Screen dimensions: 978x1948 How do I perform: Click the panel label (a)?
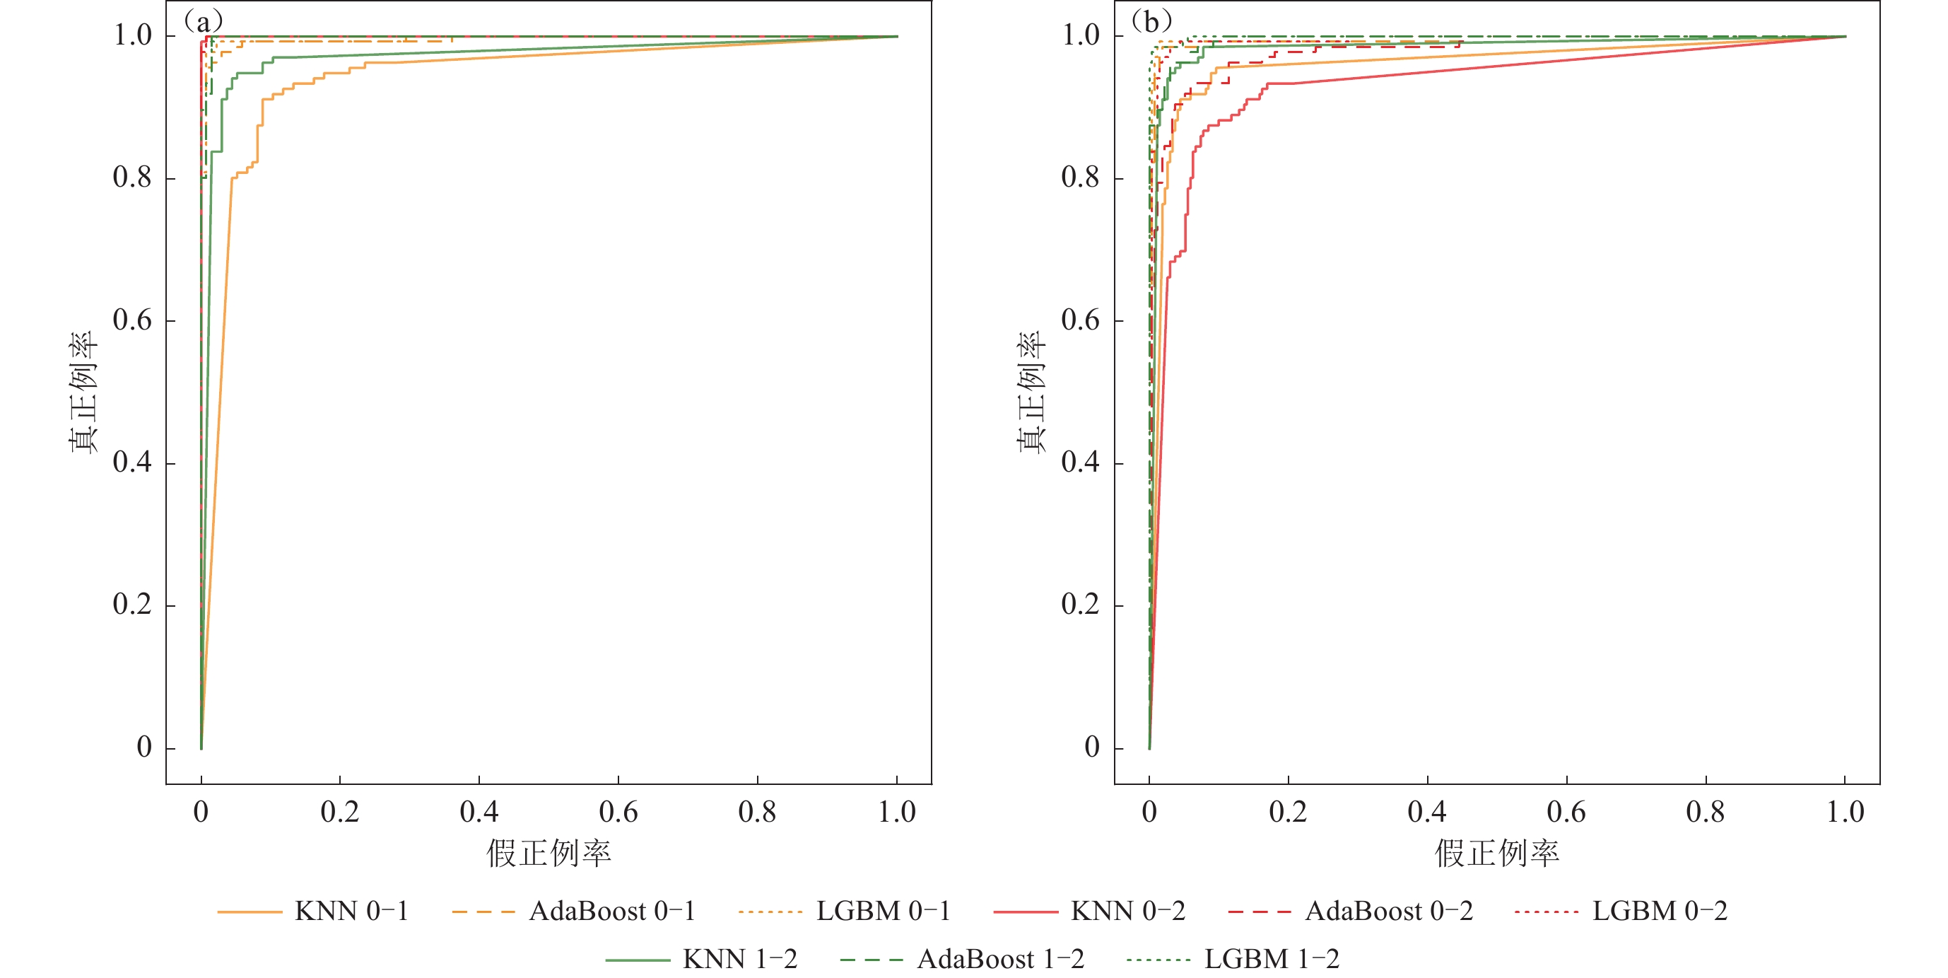[204, 21]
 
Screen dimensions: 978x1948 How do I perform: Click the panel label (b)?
[1151, 21]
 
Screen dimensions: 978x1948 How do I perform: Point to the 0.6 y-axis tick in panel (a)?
[132, 321]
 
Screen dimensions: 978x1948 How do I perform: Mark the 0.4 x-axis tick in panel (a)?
[479, 813]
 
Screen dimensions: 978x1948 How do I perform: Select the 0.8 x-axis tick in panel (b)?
[1706, 813]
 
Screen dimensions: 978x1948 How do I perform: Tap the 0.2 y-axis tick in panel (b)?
[1081, 605]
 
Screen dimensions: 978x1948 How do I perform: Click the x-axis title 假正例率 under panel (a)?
[548, 854]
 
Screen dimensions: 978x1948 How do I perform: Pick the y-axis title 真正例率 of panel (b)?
[1031, 392]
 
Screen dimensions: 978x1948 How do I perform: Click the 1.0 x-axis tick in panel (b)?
[1845, 813]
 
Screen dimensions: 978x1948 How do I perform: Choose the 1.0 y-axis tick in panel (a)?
[132, 35]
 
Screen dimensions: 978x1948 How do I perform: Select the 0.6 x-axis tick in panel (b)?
[1566, 813]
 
